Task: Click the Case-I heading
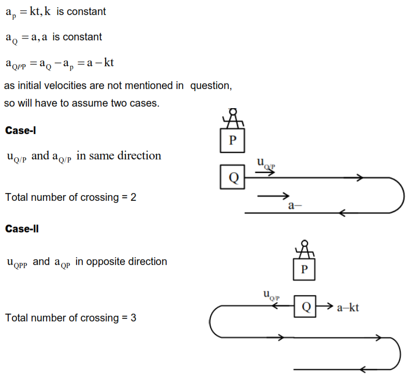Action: click(20, 130)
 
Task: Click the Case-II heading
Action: click(22, 228)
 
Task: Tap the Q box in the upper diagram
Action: click(232, 178)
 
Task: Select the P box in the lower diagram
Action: click(304, 269)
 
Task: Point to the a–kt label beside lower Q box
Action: click(348, 308)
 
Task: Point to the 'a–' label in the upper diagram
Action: click(295, 205)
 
